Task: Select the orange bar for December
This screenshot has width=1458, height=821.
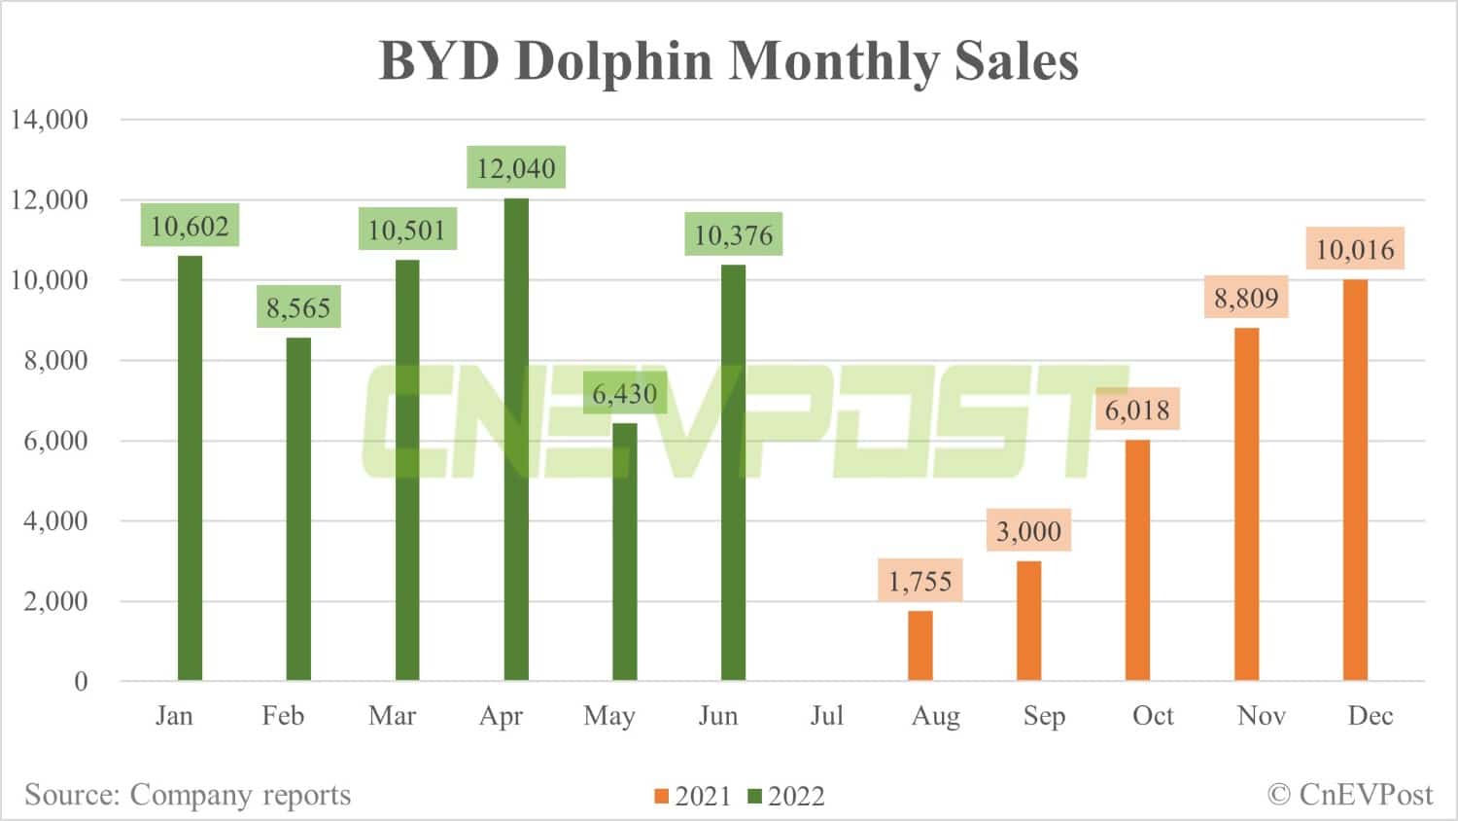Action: (x=1355, y=481)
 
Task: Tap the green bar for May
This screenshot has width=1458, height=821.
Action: (x=625, y=552)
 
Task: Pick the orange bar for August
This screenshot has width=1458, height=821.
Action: (x=920, y=646)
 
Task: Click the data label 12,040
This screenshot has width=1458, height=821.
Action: (x=516, y=168)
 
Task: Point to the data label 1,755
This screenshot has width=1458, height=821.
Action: (x=920, y=582)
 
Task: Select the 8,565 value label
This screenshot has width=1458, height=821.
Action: (x=298, y=308)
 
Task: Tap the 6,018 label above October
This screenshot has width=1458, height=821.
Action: (x=1137, y=410)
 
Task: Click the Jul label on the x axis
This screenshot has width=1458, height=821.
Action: (x=827, y=716)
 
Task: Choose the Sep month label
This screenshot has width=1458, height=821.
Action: (x=1044, y=716)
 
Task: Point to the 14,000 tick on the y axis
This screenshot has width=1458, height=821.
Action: (x=50, y=120)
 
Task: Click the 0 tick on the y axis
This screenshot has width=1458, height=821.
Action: (x=81, y=682)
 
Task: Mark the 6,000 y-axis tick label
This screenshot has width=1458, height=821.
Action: (x=55, y=441)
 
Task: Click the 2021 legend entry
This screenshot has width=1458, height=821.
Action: (x=693, y=797)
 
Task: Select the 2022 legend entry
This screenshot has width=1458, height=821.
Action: (x=786, y=797)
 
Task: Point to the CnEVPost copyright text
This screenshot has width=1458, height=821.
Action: (x=1350, y=795)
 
